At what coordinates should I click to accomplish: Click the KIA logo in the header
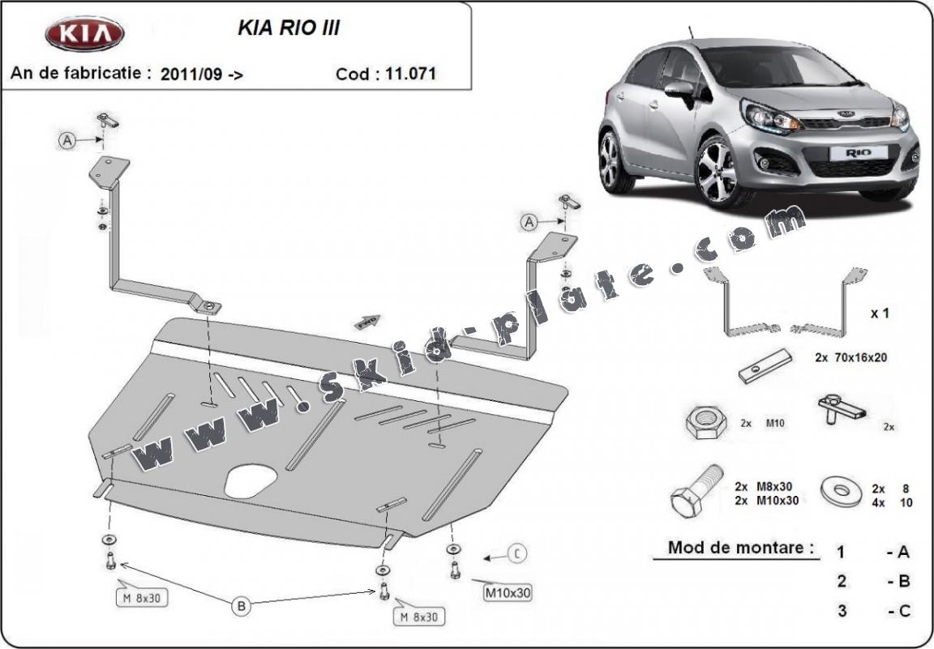(84, 35)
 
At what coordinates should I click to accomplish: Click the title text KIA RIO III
(288, 28)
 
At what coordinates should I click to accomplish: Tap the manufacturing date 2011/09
(191, 74)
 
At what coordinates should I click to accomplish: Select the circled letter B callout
(241, 605)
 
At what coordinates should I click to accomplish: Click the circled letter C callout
(517, 554)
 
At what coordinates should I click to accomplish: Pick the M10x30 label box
(508, 592)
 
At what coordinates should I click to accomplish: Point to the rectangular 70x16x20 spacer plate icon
(765, 366)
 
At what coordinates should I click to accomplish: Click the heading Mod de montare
(740, 547)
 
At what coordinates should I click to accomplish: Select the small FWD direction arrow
(367, 322)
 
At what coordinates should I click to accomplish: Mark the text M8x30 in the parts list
(776, 487)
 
